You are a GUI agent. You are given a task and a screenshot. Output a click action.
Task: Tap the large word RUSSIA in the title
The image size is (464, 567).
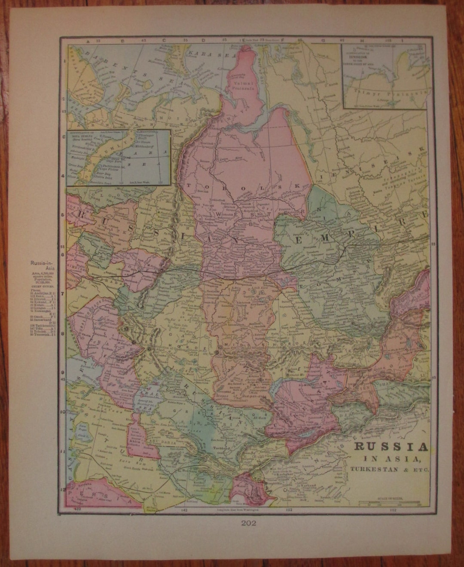391,447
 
